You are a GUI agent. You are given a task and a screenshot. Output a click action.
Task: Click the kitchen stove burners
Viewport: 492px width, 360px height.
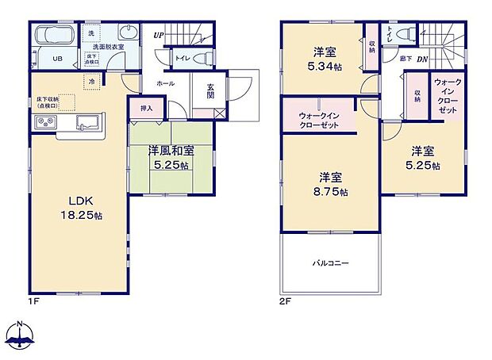[44, 123]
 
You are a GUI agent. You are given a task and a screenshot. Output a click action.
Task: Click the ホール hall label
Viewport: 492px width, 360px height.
[166, 82]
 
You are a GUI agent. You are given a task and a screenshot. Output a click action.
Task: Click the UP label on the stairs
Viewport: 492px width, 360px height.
[159, 36]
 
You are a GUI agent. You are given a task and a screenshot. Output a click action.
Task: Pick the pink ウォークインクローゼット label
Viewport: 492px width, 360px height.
[321, 121]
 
